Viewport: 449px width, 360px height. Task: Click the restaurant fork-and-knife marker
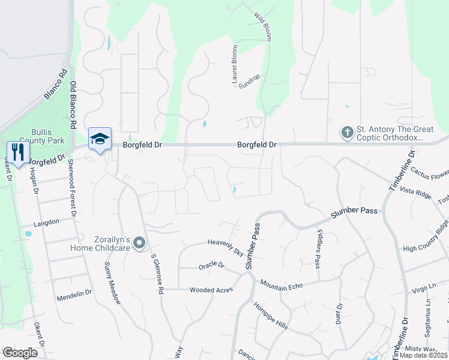click(x=17, y=152)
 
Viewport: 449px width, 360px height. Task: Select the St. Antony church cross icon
click(x=347, y=132)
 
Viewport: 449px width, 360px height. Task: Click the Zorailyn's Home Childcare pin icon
click(x=140, y=244)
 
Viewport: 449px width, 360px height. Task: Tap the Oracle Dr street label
click(x=211, y=265)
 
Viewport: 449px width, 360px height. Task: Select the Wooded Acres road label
click(x=211, y=290)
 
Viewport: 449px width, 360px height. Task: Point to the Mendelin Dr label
click(x=74, y=295)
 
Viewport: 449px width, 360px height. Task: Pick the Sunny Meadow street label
click(x=112, y=283)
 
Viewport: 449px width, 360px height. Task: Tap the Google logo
click(x=20, y=353)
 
